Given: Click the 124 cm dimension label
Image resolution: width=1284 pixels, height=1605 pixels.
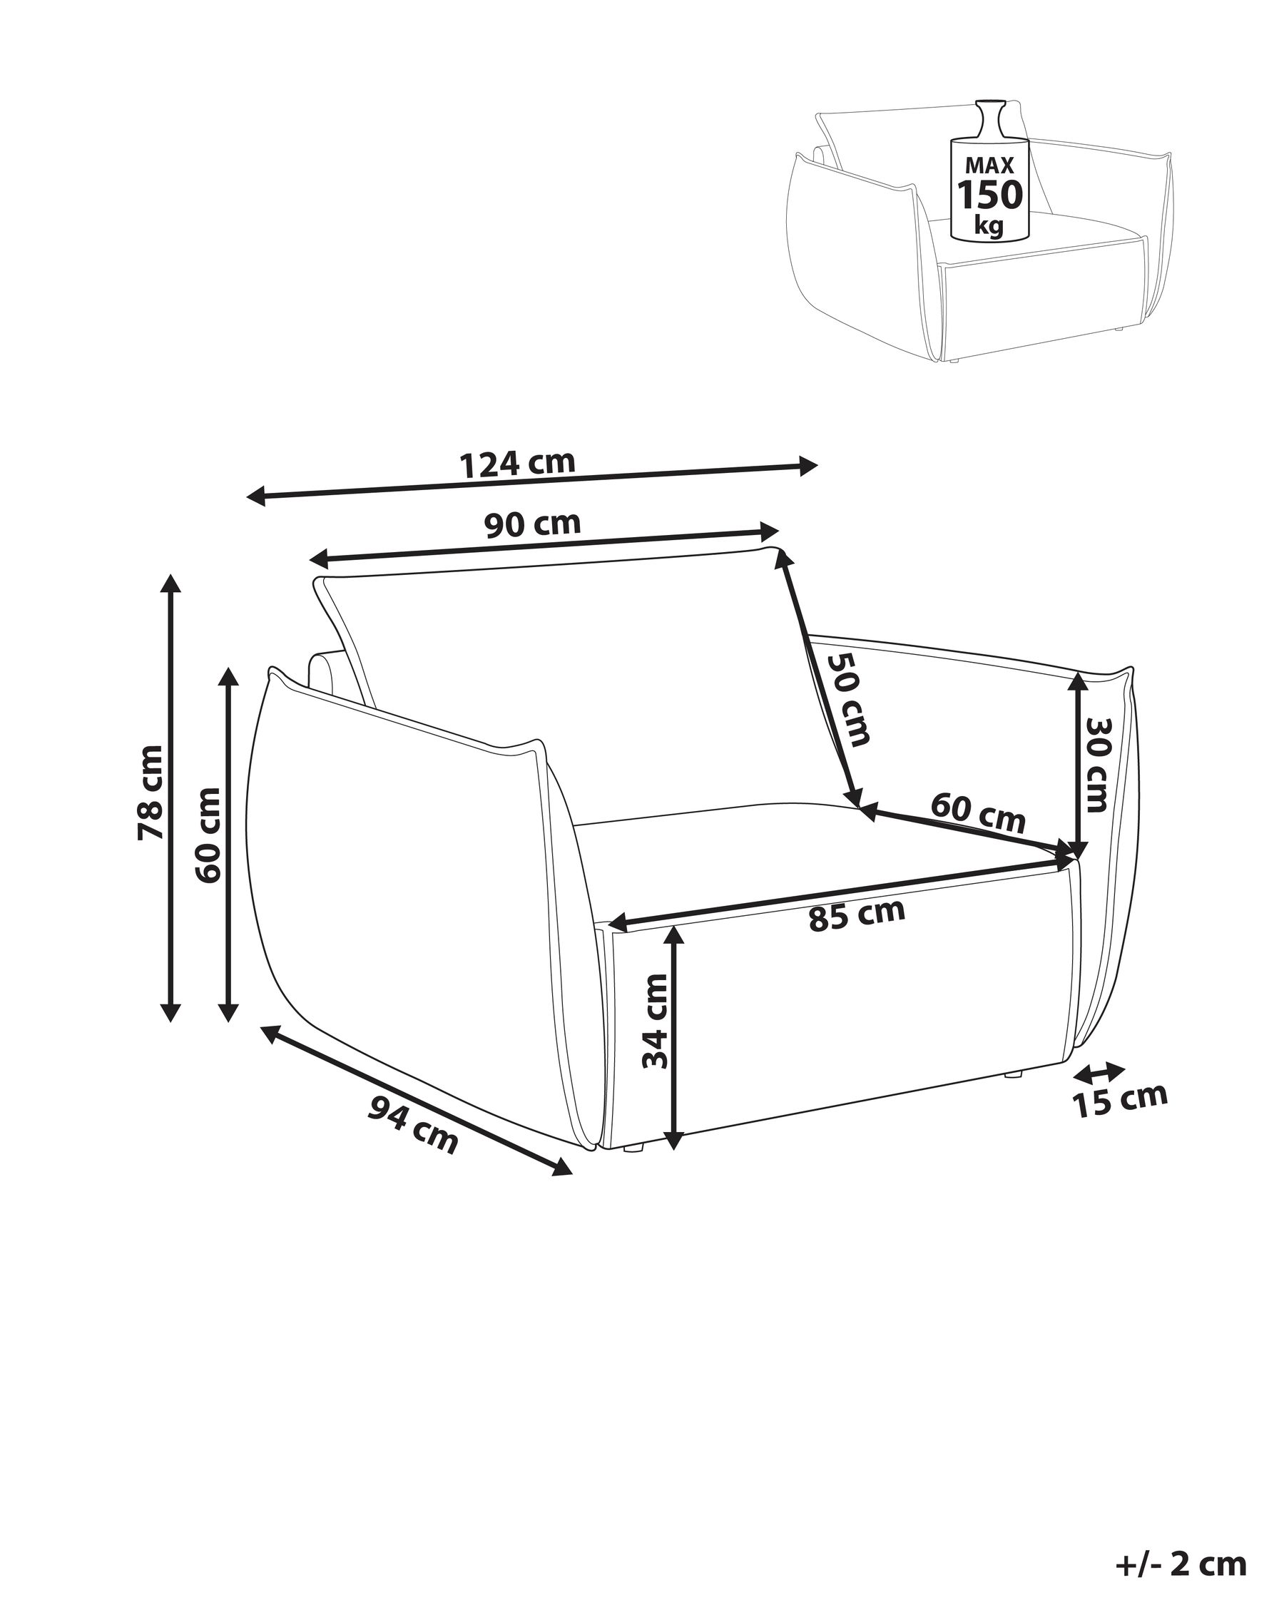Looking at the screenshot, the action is [518, 464].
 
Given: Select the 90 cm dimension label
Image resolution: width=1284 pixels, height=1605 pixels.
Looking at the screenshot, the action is [532, 524].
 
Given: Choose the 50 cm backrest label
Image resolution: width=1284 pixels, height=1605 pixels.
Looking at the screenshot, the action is [850, 699].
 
